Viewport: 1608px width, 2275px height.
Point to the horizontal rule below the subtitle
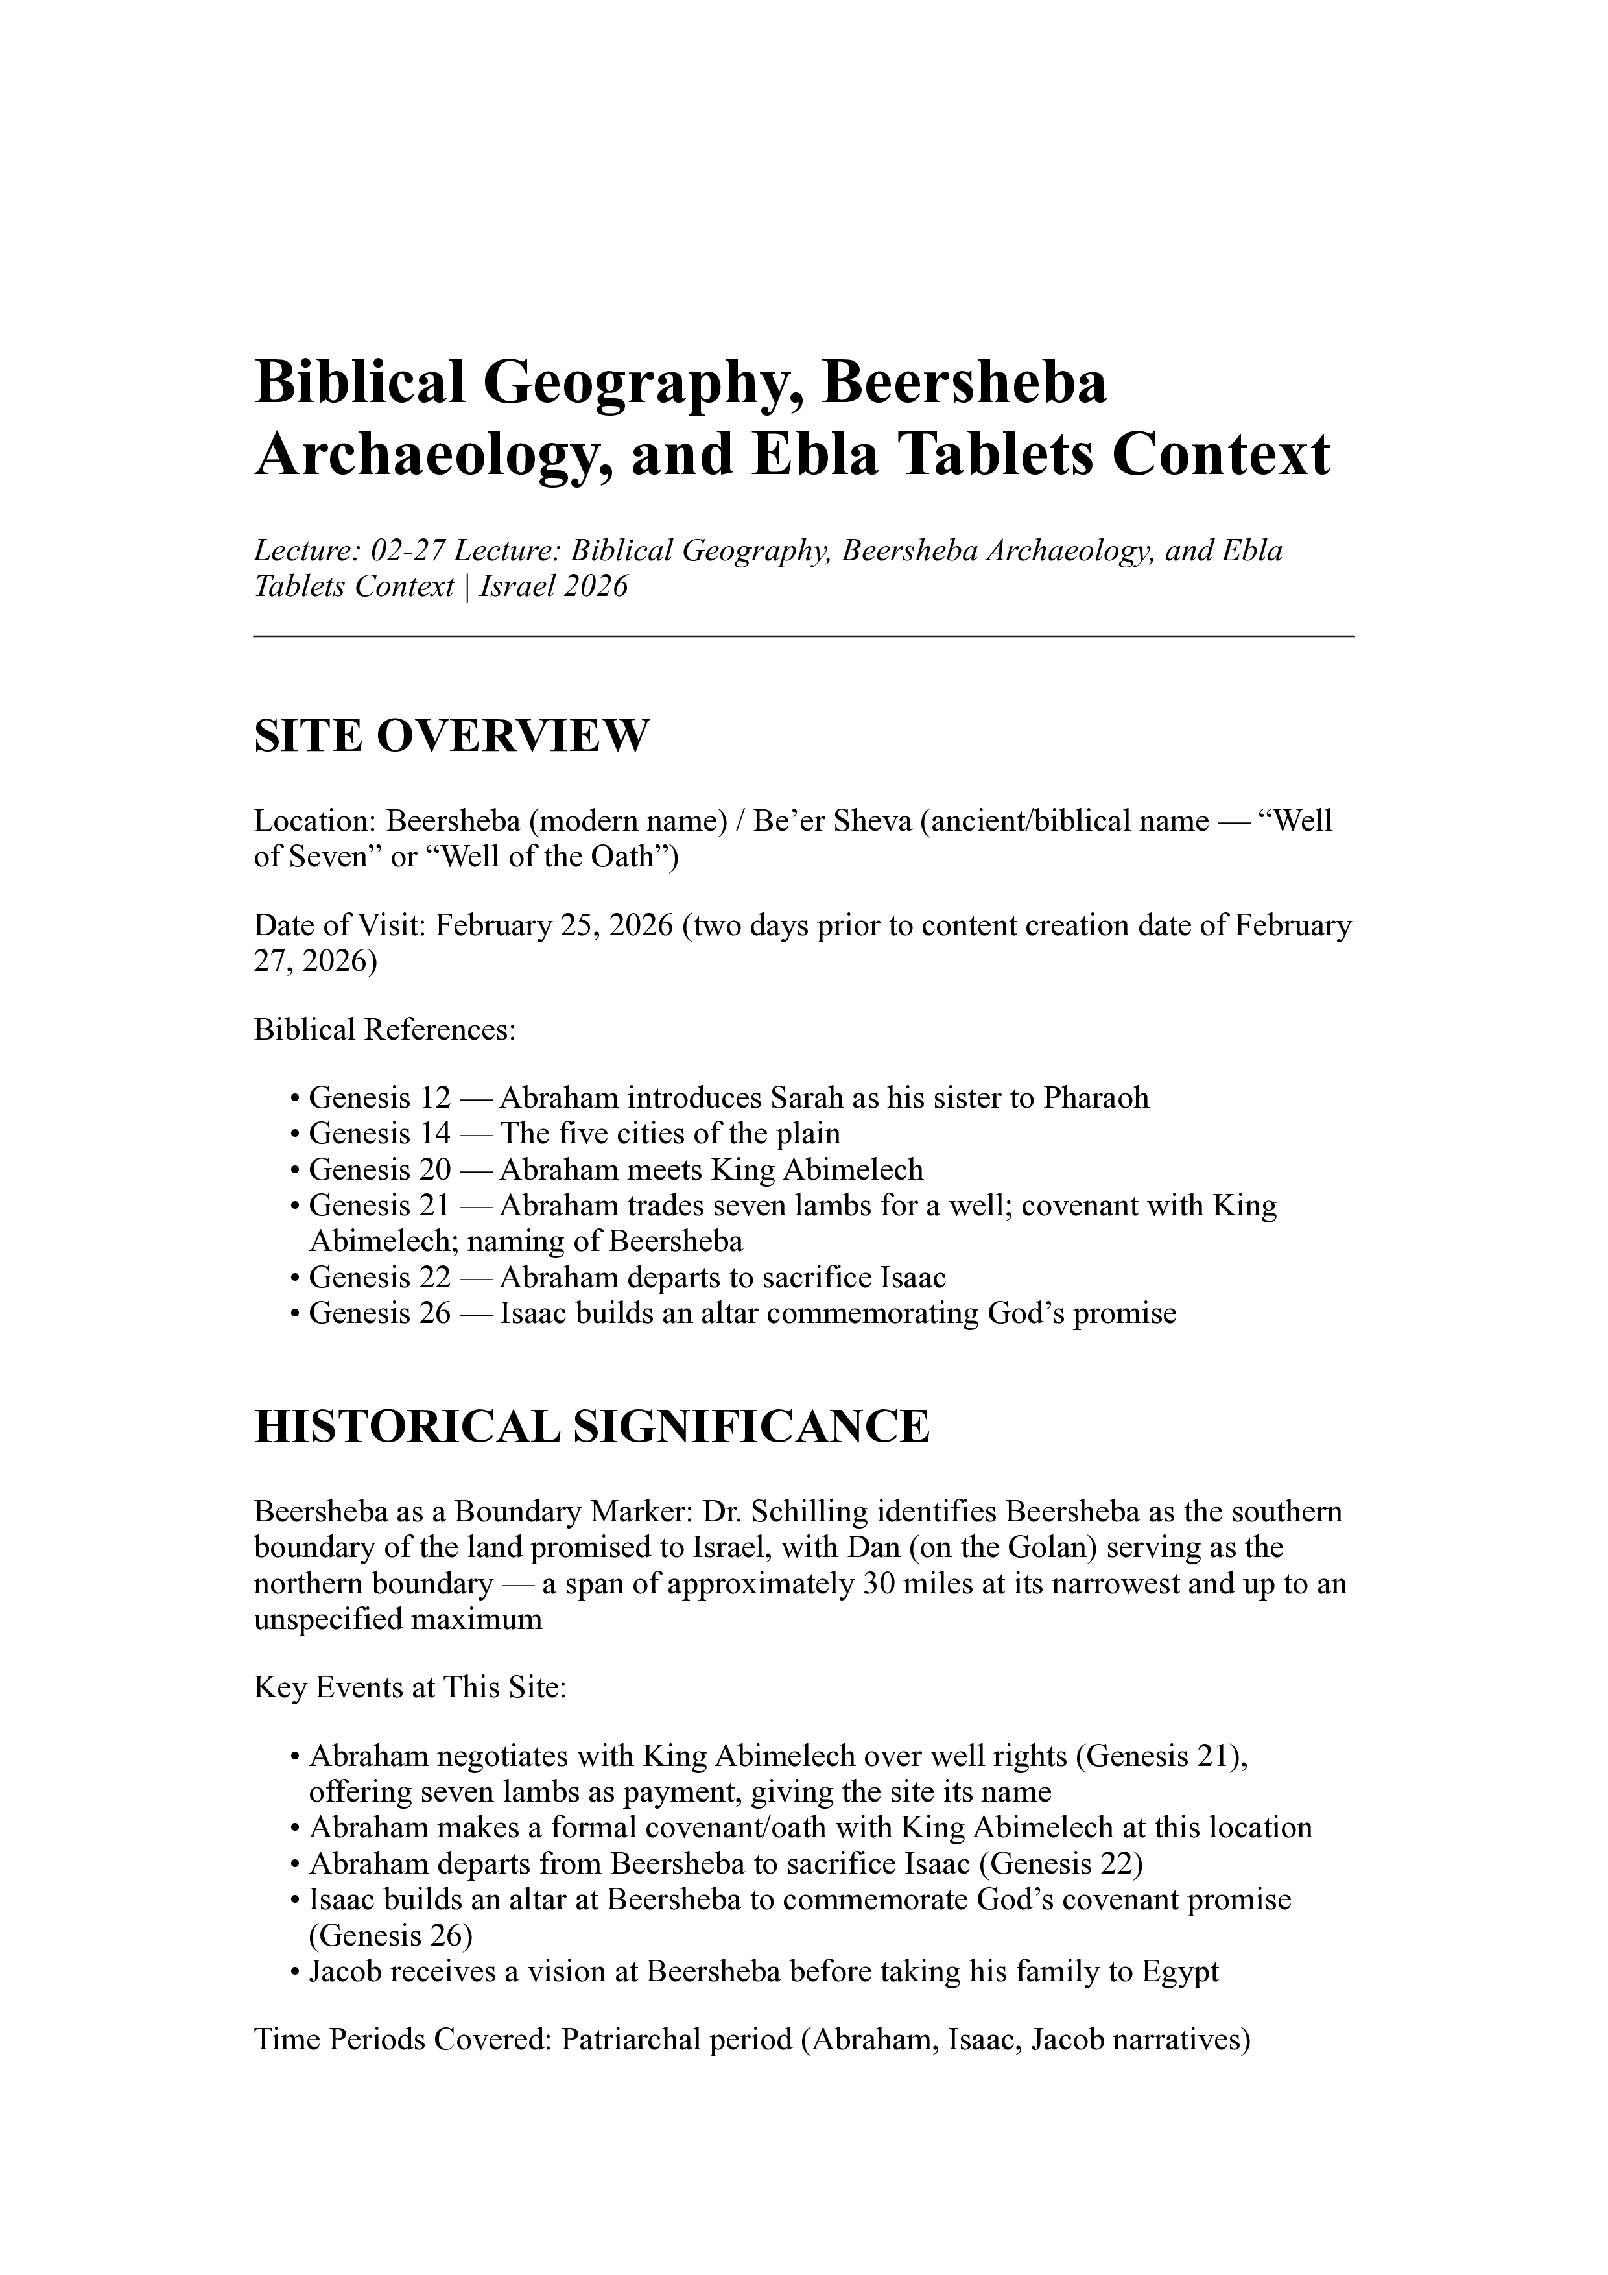coord(803,637)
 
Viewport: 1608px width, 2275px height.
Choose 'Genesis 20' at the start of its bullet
coord(379,1169)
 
